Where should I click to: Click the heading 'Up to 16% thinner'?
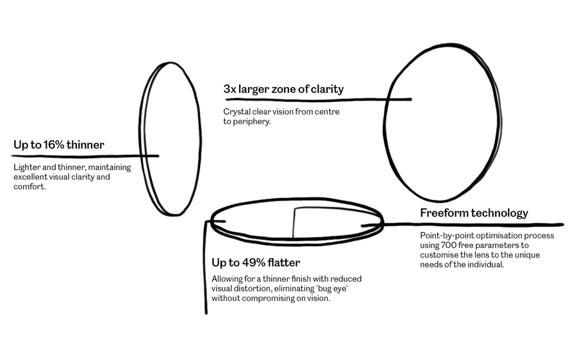pos(59,145)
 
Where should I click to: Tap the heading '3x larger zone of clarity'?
pos(283,89)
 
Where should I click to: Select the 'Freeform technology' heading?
pos(474,213)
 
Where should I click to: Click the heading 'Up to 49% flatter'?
pos(256,263)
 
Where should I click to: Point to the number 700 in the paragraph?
pos(449,245)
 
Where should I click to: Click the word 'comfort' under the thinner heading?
pos(29,186)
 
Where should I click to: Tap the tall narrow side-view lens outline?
pos(200,140)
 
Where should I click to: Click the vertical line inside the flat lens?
pos(293,223)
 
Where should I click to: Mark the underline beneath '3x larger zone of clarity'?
pos(318,100)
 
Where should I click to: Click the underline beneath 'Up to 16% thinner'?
pos(85,156)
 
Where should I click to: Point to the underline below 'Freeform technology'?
pos(462,224)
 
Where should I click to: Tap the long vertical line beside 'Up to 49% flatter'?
pos(206,267)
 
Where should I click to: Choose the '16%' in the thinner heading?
pos(54,145)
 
